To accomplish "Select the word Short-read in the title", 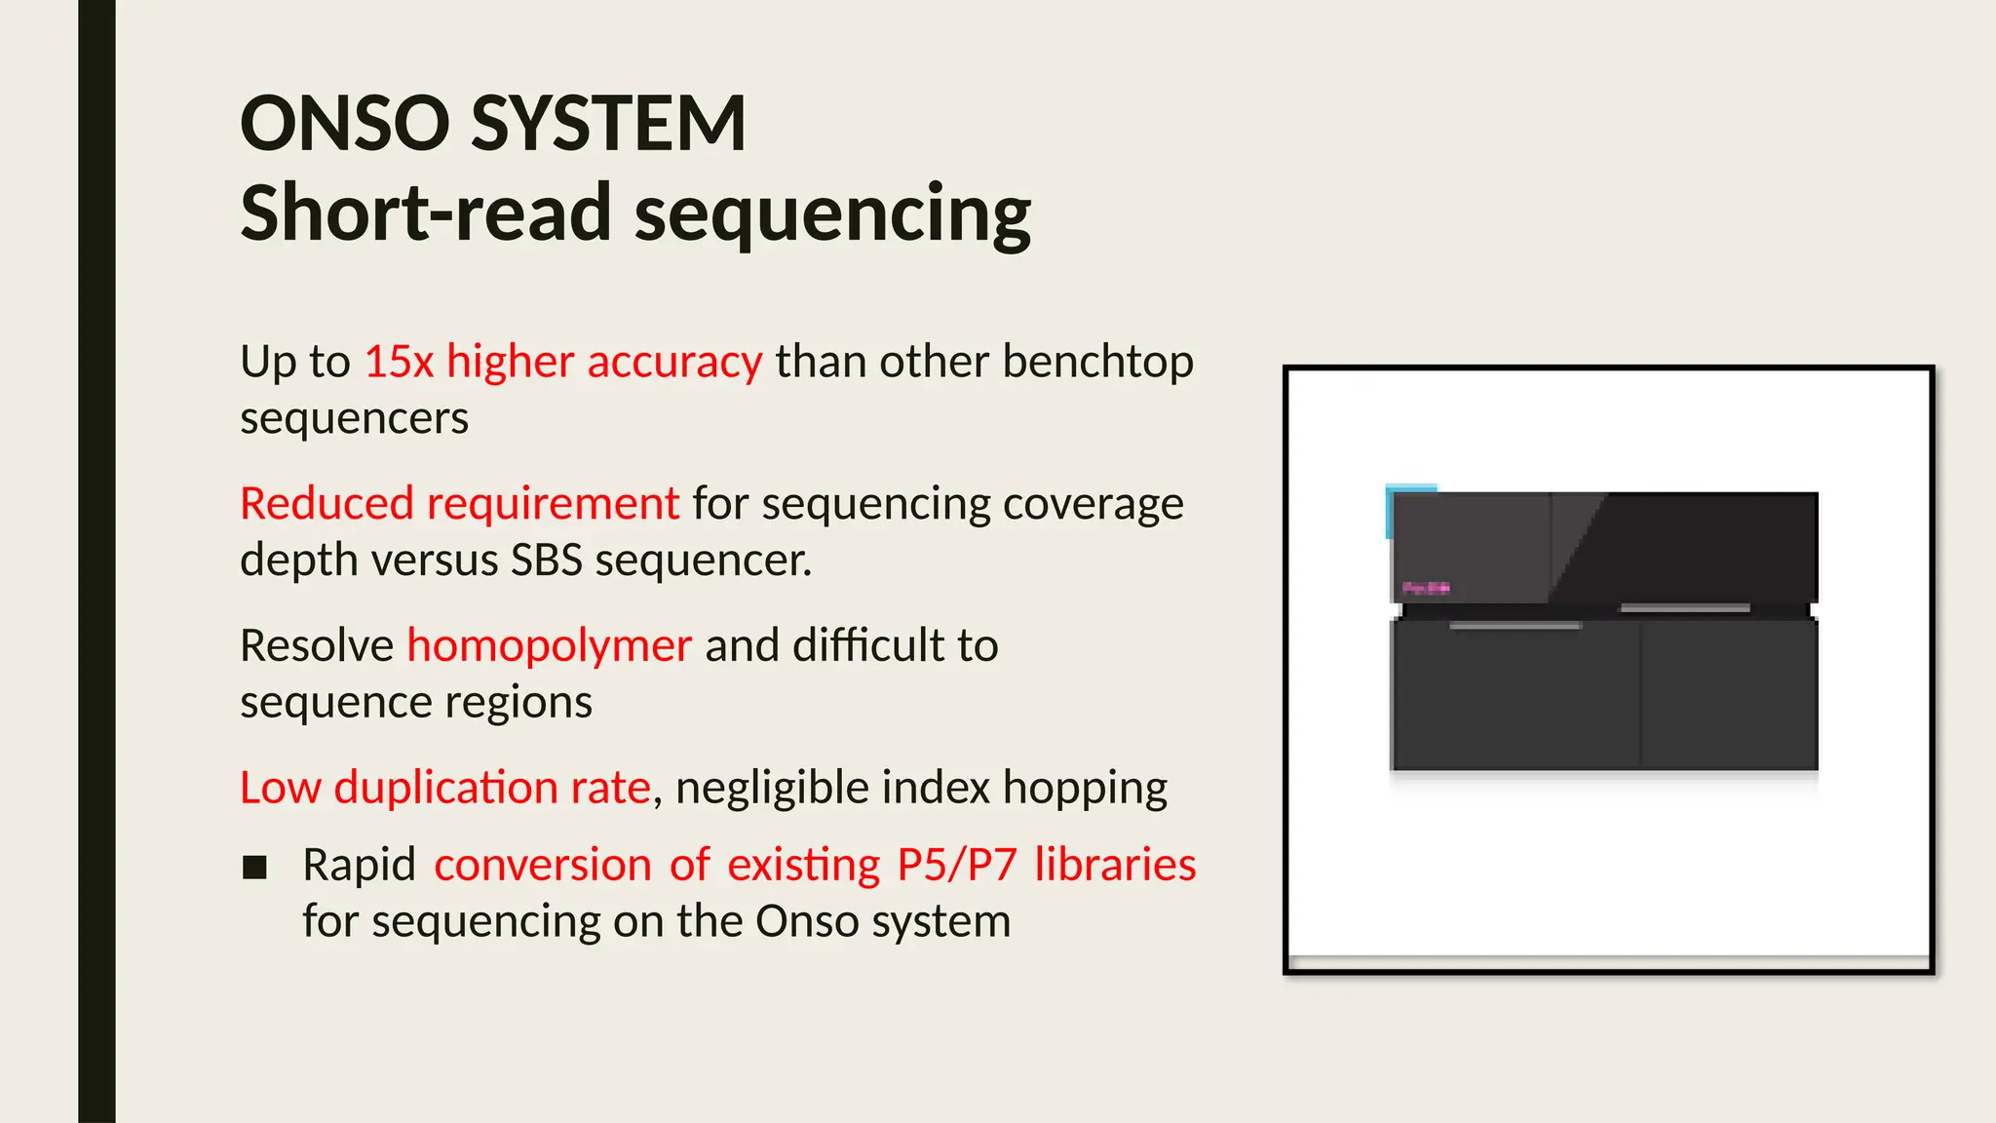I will click(426, 213).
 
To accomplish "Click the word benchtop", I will click(1097, 362).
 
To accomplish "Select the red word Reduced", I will click(327, 504).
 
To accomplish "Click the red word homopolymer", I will click(549, 645).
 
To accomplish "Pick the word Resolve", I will click(317, 645).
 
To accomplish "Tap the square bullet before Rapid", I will click(254, 867).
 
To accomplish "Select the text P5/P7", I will click(957, 866).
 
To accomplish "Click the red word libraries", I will click(1115, 865).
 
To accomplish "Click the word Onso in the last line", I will click(807, 921).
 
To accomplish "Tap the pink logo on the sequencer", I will click(1425, 588).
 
